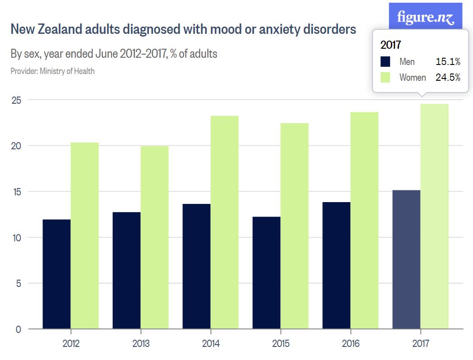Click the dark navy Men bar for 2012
[56, 274]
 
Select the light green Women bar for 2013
[154, 237]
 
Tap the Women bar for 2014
[224, 222]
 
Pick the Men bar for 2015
[266, 273]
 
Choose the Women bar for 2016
[364, 221]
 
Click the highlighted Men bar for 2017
[406, 259]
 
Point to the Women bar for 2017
[434, 217]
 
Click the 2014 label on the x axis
[211, 344]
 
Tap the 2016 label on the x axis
[351, 344]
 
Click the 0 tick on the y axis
[18, 329]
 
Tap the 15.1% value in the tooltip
[448, 62]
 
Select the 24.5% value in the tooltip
[448, 78]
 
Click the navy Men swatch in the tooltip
[385, 62]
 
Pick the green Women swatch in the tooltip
[385, 78]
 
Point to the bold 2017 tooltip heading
[391, 45]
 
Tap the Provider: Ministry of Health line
[52, 71]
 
